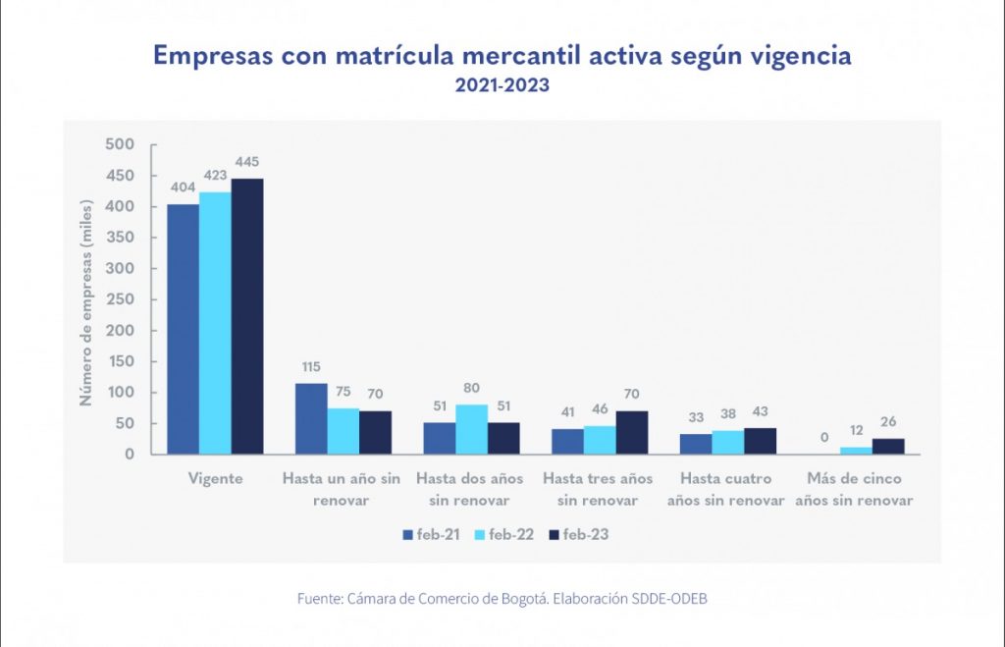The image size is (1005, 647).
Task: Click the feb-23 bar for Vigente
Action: coord(247,316)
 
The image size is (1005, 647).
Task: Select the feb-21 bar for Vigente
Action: coord(184,329)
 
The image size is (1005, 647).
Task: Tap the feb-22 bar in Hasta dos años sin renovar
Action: coord(472,429)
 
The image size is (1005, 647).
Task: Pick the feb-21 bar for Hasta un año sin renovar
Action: coord(311,418)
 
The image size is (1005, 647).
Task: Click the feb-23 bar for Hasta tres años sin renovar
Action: coord(632,432)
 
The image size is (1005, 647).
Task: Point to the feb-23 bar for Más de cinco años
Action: coord(888,446)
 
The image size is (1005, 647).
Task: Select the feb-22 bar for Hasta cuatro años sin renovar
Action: coord(727,442)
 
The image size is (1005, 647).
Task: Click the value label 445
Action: coord(247,162)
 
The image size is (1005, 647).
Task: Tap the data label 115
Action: coord(311,366)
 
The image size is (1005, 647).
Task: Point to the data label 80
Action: coord(472,388)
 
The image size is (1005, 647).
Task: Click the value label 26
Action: coord(888,422)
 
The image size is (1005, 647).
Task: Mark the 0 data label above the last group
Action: coord(824,438)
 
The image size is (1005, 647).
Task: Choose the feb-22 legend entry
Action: coord(502,535)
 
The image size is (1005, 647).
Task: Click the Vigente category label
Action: coord(216,479)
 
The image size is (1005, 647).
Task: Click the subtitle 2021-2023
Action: coord(502,85)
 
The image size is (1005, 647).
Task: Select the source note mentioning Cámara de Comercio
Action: coord(502,598)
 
